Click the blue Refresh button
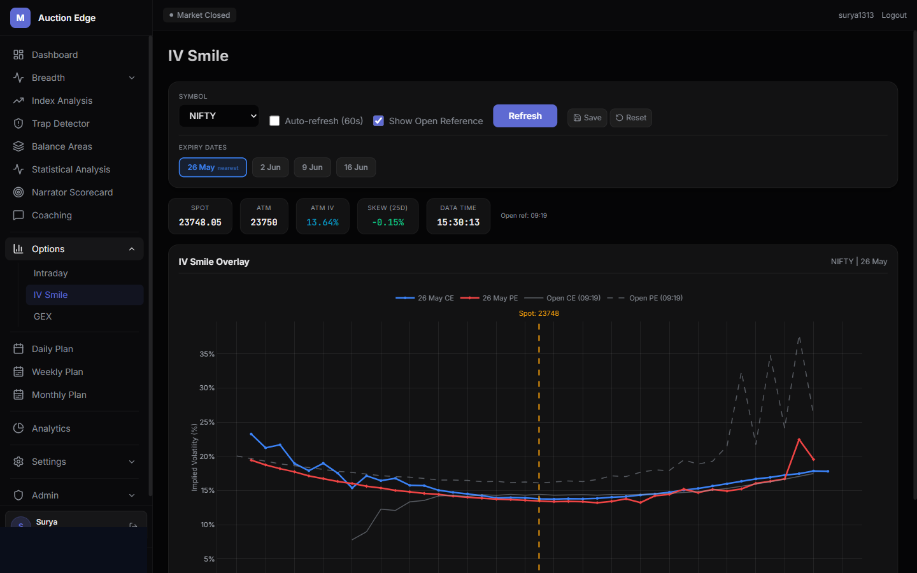[x=525, y=116]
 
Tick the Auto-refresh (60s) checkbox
[x=274, y=121]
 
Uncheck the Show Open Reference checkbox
[x=378, y=121]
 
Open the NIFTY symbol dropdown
[x=219, y=116]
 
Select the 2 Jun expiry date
[x=270, y=167]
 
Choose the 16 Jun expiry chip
[x=356, y=167]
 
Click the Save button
[x=587, y=118]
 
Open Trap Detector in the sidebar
[x=60, y=124]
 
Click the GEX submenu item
[x=43, y=316]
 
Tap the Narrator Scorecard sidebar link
[x=72, y=192]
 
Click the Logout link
[x=893, y=15]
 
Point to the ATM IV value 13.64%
[x=323, y=222]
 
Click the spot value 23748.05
[x=200, y=222]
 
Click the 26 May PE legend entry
[x=489, y=298]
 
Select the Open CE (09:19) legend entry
[x=562, y=298]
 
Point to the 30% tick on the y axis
[x=207, y=388]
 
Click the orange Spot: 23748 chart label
[x=539, y=313]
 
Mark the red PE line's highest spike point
[x=799, y=439]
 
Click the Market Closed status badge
[x=200, y=15]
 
